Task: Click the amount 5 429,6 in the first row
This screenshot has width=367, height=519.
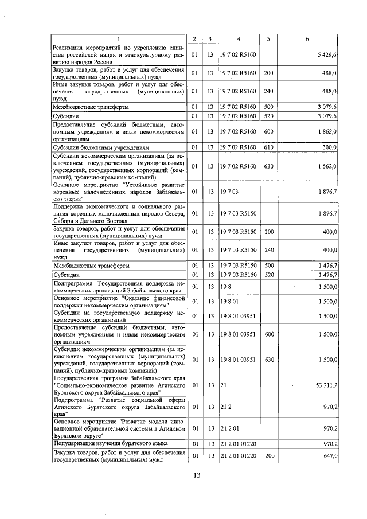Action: coord(326,54)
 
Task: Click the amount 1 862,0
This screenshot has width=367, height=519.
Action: coord(326,131)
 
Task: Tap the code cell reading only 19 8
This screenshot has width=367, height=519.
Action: coord(225,286)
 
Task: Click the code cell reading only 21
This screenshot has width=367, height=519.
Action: coord(223,386)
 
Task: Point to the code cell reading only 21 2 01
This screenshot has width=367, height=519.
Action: coord(228,428)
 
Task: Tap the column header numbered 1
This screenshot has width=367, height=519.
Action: coord(119,39)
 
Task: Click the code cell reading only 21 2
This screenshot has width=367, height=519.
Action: coord(225,407)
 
